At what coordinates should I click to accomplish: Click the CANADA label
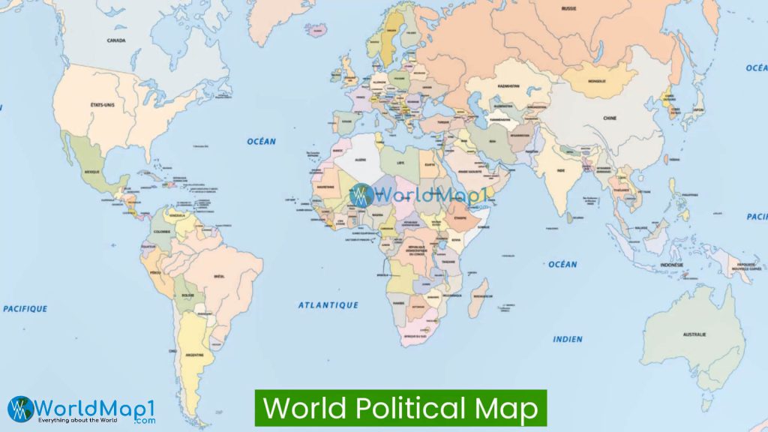tap(115, 40)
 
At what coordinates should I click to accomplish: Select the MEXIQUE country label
tap(91, 172)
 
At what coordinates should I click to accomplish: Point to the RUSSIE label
tap(568, 8)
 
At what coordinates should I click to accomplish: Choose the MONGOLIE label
tap(597, 80)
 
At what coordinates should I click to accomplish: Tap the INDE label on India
tap(560, 170)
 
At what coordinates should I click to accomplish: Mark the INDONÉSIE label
tap(671, 265)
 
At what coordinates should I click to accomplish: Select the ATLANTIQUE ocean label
tap(328, 305)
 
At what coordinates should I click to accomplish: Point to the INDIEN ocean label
tap(567, 339)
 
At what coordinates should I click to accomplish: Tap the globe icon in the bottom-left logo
tap(20, 409)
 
